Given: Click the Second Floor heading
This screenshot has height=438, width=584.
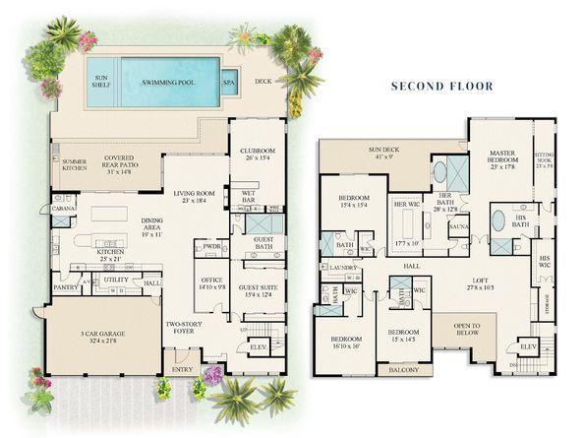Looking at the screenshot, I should click(442, 86).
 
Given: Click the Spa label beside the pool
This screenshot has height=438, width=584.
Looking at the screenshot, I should click(228, 83).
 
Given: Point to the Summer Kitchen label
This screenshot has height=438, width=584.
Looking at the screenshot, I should click(75, 163).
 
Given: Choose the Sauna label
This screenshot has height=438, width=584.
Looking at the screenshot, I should click(458, 226).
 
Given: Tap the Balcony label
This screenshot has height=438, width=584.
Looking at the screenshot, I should click(404, 370).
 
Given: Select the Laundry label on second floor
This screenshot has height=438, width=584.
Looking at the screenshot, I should click(343, 267).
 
